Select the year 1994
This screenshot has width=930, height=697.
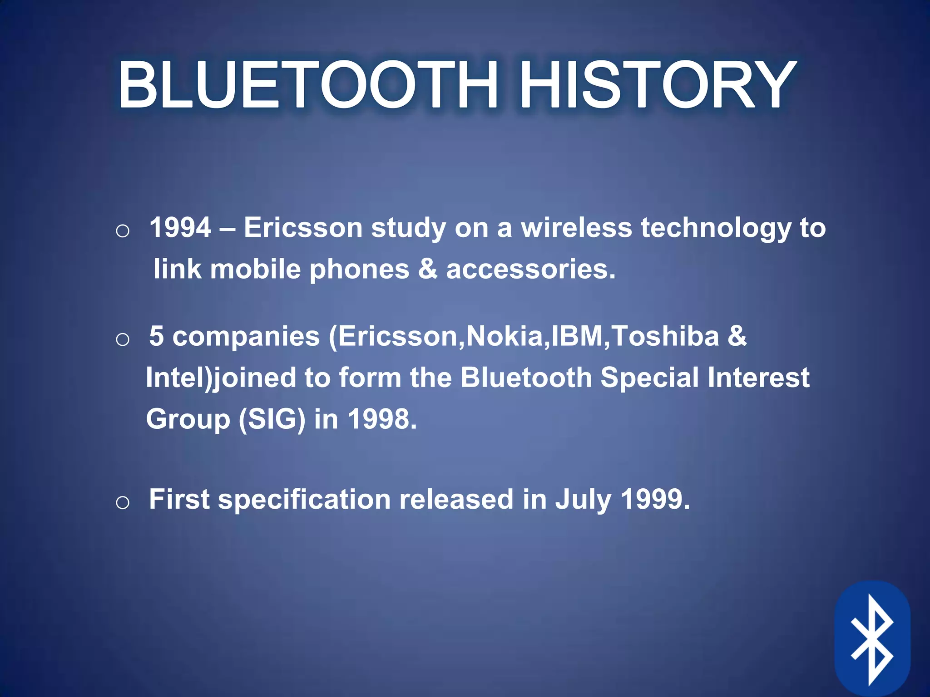click(180, 227)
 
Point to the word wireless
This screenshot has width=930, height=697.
click(576, 227)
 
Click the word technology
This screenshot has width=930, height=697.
click(716, 228)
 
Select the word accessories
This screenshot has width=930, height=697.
click(530, 269)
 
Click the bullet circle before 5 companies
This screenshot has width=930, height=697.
click(123, 339)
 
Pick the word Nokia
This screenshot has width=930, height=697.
click(505, 336)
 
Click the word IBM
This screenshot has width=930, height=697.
click(577, 336)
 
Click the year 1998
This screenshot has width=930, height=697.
click(381, 419)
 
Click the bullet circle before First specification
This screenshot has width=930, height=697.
click(123, 503)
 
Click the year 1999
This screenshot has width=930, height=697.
click(654, 499)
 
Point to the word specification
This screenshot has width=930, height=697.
click(304, 500)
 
